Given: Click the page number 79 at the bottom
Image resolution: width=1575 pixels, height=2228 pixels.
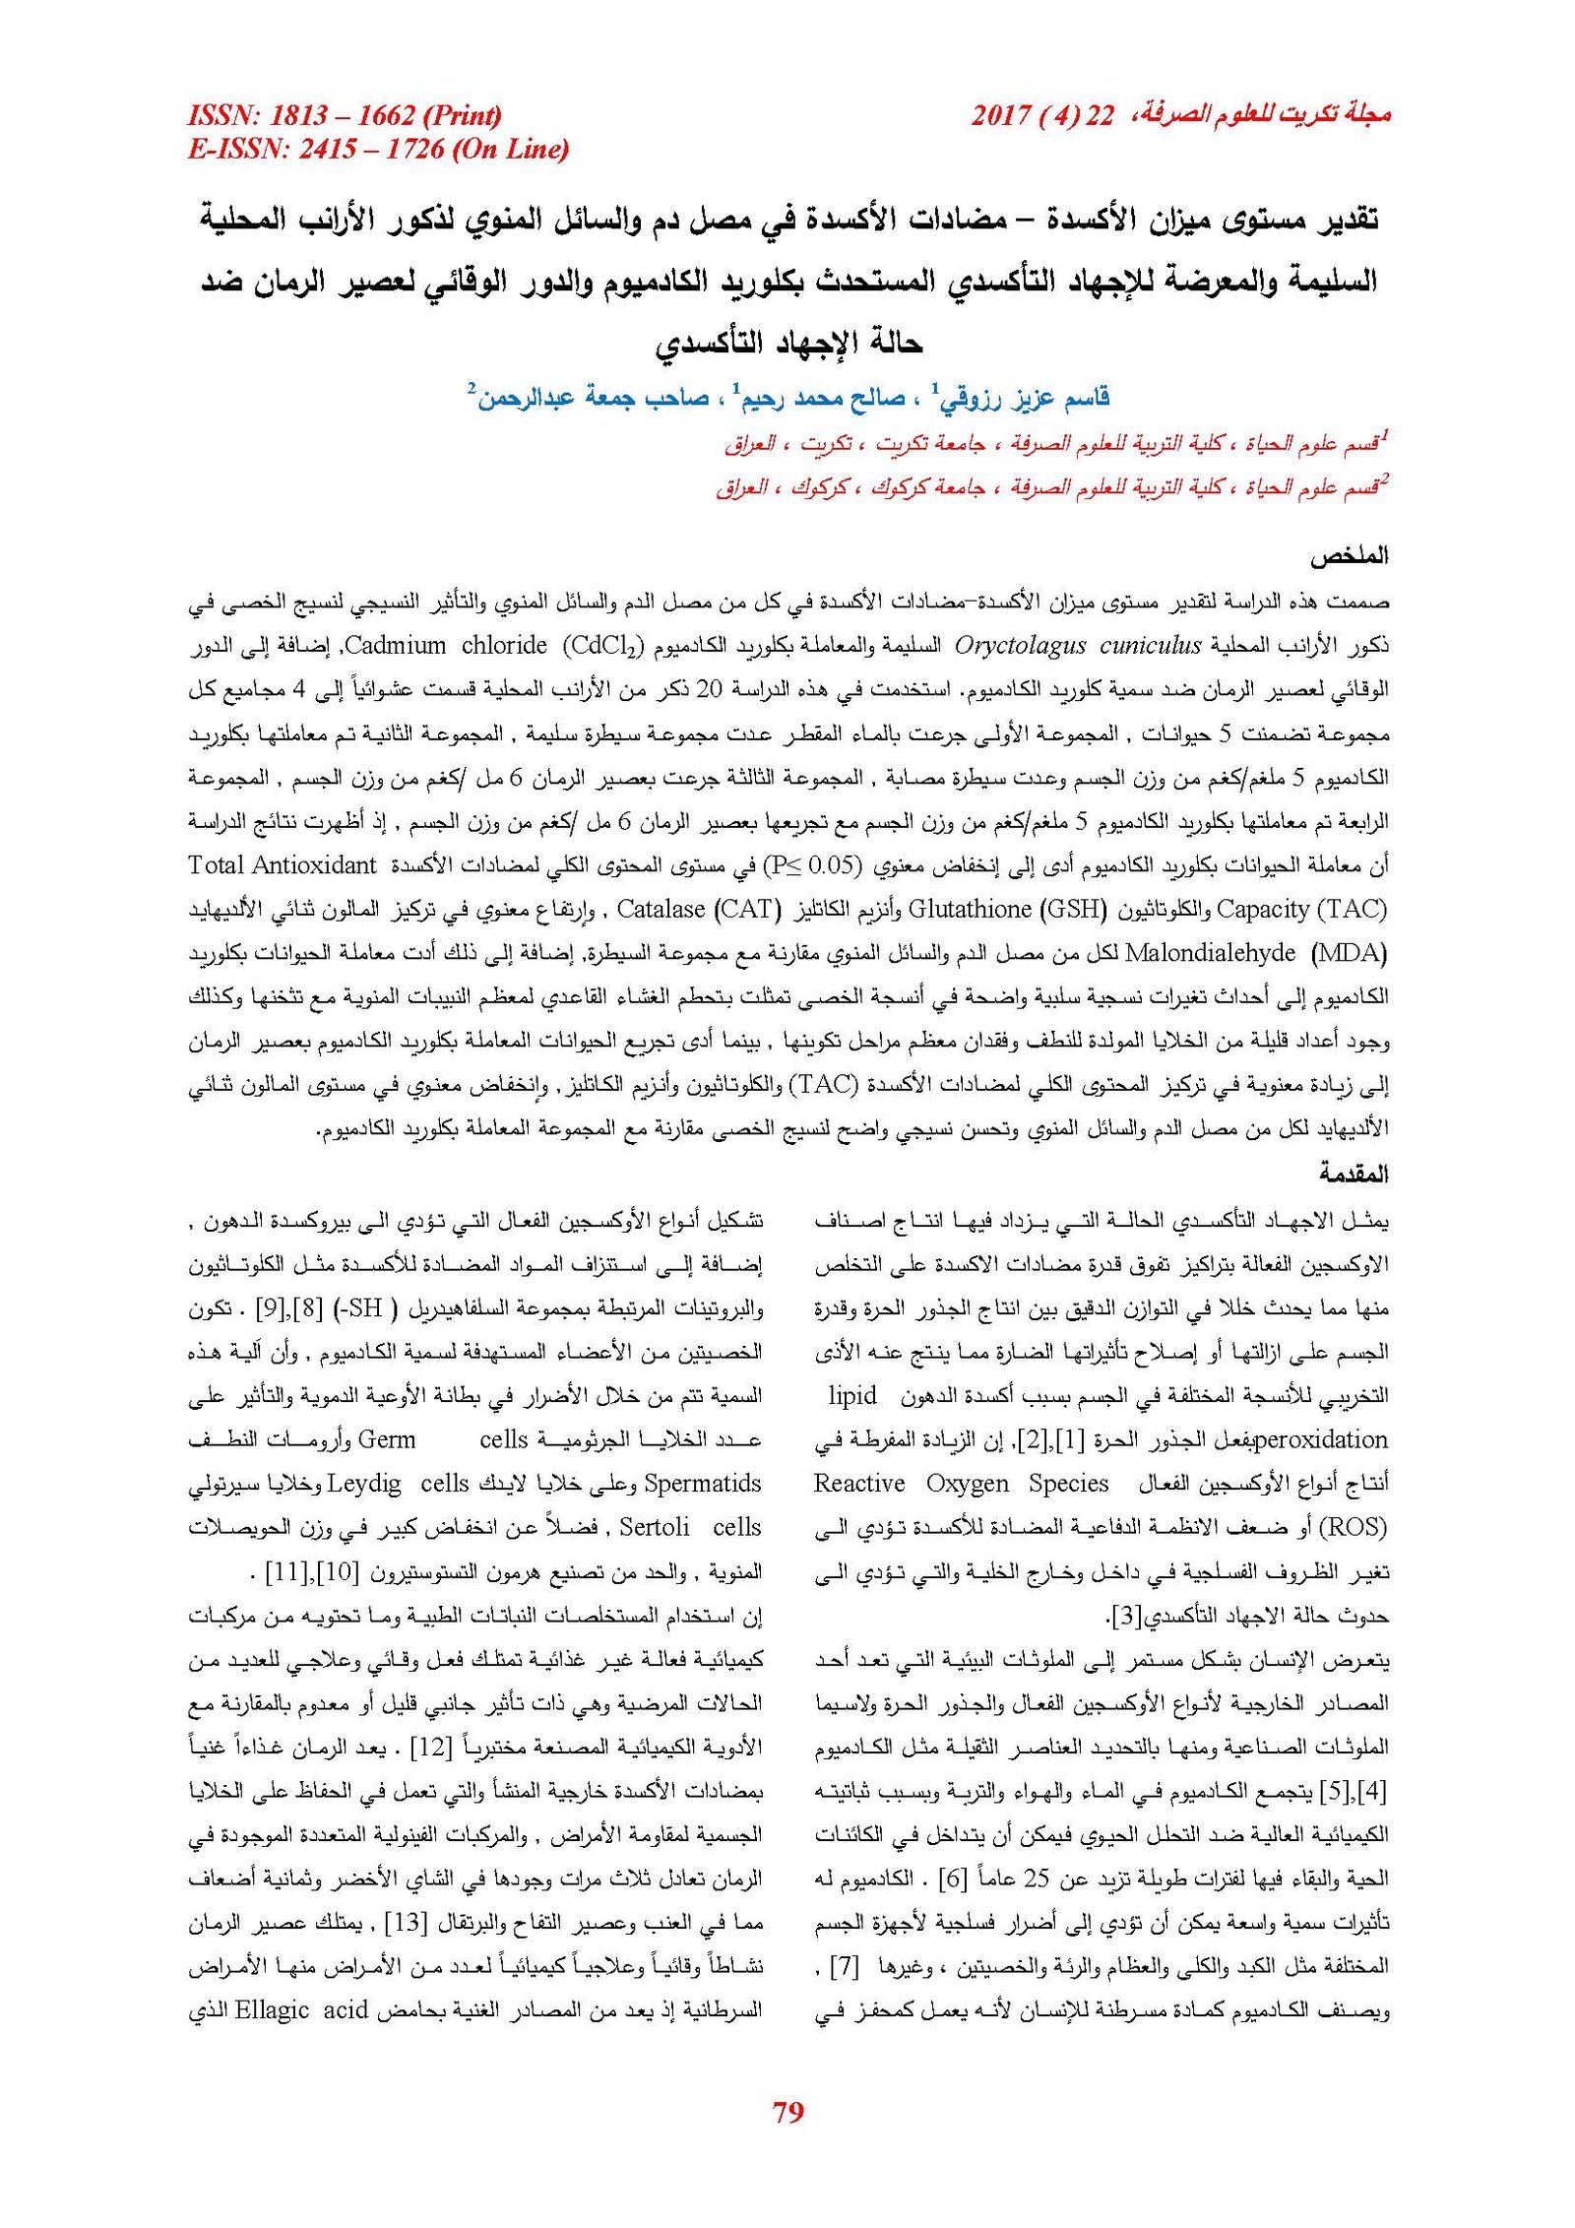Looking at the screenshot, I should click(x=788, y=2111).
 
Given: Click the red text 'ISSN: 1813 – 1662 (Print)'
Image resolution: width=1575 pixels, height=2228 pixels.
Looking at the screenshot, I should click(x=344, y=116).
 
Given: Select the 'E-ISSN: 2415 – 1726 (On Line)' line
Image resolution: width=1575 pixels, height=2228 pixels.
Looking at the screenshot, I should click(x=378, y=149).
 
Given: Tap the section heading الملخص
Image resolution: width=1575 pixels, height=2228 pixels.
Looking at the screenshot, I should click(x=1348, y=555).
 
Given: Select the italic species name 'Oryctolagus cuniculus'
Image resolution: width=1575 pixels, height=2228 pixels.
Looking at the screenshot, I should click(x=1078, y=646).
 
